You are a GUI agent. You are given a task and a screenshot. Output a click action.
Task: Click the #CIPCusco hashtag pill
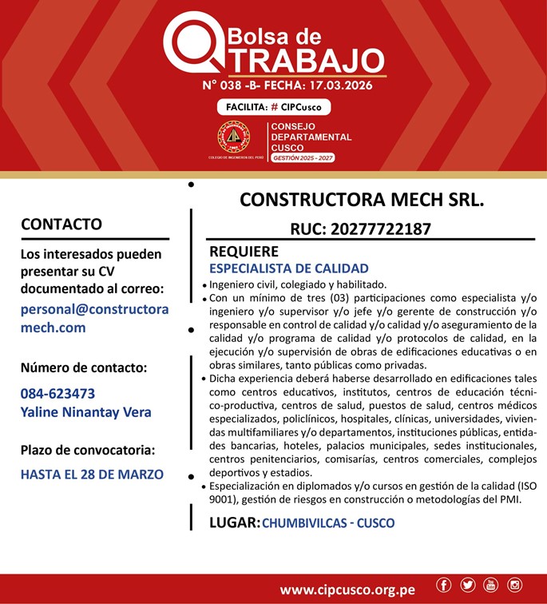tap(274, 107)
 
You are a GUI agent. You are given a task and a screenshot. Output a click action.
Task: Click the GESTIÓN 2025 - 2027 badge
tap(303, 158)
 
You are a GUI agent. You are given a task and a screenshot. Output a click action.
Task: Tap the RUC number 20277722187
tap(361, 229)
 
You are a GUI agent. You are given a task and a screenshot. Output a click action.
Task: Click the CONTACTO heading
tap(61, 224)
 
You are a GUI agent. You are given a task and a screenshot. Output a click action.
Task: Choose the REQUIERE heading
tap(244, 251)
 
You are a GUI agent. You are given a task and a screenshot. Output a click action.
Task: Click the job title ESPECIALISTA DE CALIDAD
tap(288, 268)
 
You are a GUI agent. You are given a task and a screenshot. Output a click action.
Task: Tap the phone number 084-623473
tap(57, 393)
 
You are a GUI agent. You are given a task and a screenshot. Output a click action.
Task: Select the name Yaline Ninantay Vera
tap(85, 412)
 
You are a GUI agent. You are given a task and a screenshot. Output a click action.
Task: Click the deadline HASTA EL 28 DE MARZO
tap(92, 474)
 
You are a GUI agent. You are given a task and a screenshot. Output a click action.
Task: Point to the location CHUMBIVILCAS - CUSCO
tap(328, 523)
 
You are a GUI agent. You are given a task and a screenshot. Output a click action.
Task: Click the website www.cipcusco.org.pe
tap(347, 590)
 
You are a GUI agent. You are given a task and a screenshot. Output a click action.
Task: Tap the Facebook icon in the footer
tap(444, 586)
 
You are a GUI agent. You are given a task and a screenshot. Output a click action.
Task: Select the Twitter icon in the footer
tap(467, 586)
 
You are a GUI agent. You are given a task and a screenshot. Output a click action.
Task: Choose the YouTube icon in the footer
tap(490, 586)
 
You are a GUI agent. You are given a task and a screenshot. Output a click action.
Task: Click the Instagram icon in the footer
tap(514, 586)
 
